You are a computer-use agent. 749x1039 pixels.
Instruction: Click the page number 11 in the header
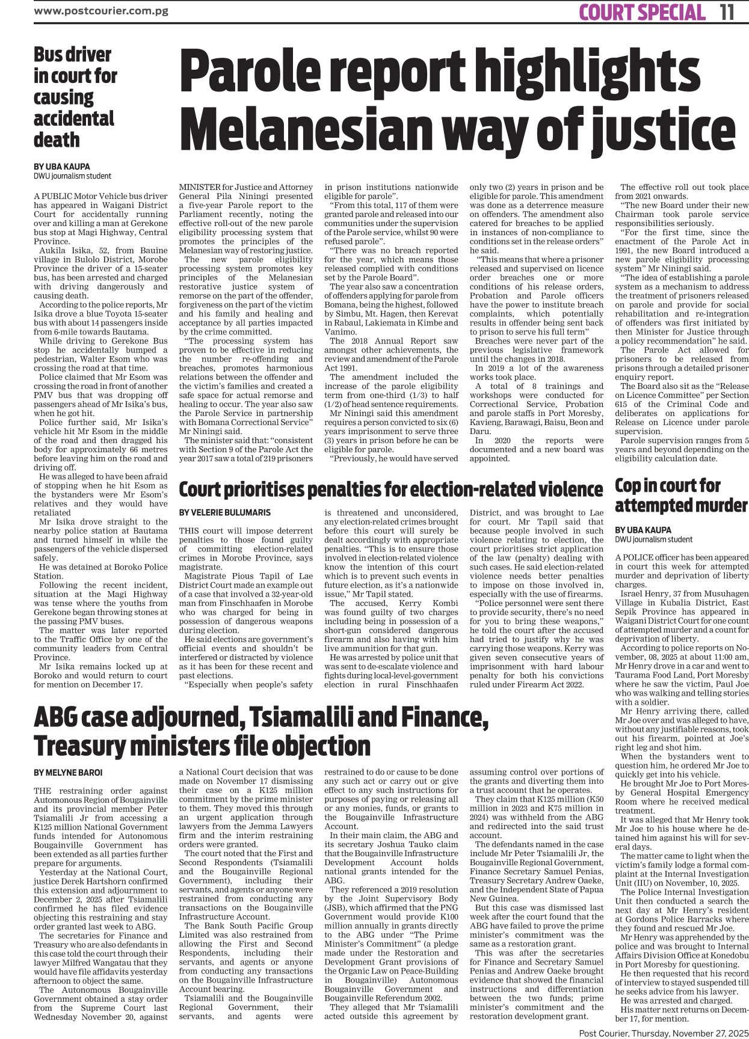[x=727, y=12]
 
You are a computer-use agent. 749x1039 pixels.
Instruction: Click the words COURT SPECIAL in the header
[x=641, y=12]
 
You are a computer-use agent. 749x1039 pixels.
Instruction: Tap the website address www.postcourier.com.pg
[x=100, y=10]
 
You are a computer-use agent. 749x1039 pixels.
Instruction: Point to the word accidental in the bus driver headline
[x=73, y=118]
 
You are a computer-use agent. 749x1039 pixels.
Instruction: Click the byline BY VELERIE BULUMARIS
[x=224, y=513]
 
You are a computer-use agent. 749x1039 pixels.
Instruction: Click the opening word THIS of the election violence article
[x=191, y=531]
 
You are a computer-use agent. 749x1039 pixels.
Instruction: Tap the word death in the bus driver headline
[x=57, y=140]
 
